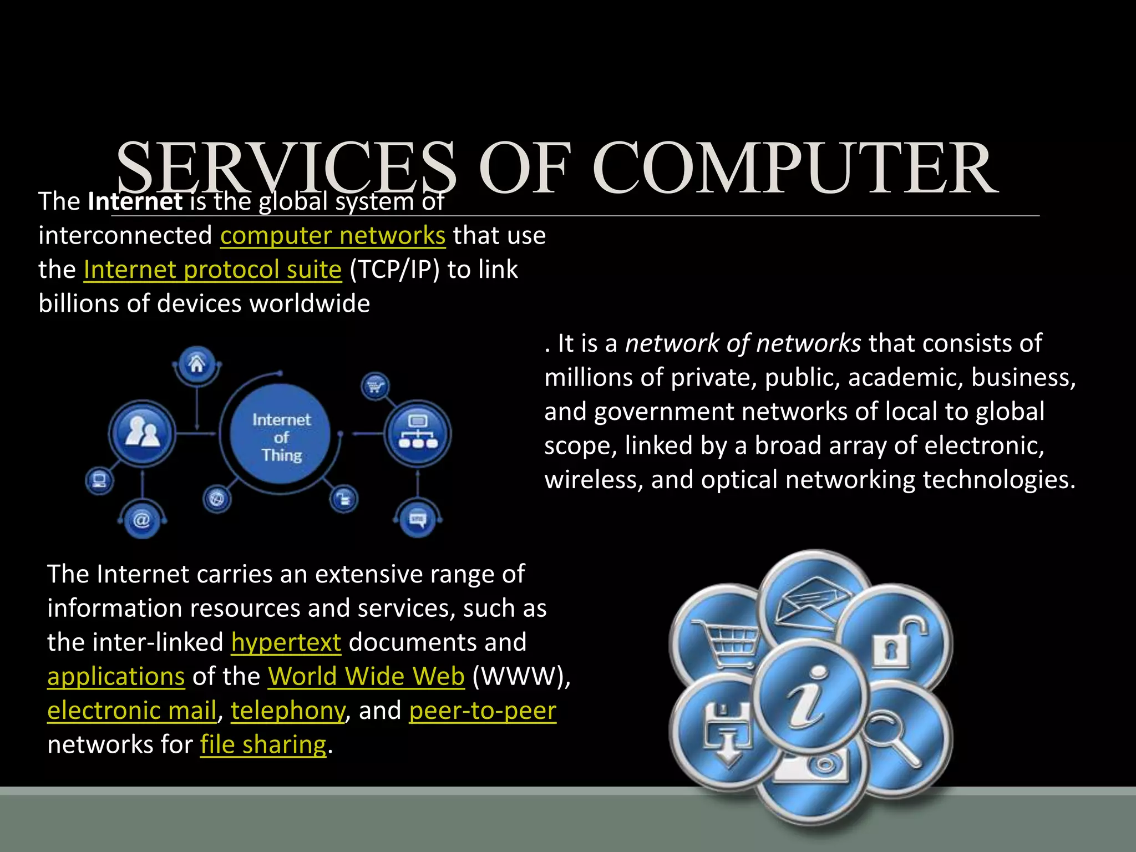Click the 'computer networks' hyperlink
pyautogui.click(x=333, y=236)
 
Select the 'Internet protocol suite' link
pyautogui.click(x=212, y=270)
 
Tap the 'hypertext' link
pyautogui.click(x=286, y=643)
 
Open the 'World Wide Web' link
pyautogui.click(x=366, y=677)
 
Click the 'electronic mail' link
pyautogui.click(x=131, y=711)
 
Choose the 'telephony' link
pyautogui.click(x=288, y=711)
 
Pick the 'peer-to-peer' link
pyautogui.click(x=483, y=711)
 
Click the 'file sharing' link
pyautogui.click(x=263, y=745)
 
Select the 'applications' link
pyautogui.click(x=116, y=677)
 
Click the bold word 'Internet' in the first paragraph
pyautogui.click(x=135, y=201)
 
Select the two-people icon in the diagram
pyautogui.click(x=142, y=433)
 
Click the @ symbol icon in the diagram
pyautogui.click(x=142, y=520)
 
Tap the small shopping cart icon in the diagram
pyautogui.click(x=375, y=386)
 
